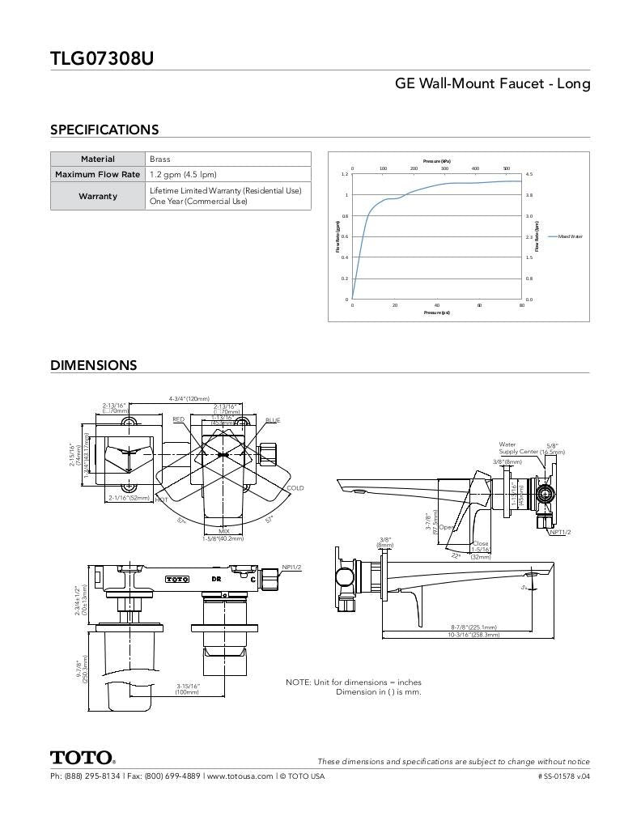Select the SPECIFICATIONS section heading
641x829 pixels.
[x=104, y=130]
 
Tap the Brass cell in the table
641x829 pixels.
[x=160, y=159]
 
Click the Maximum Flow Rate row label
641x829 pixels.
[x=98, y=174]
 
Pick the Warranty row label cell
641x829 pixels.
[x=98, y=196]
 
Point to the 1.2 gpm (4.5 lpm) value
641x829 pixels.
[x=183, y=174]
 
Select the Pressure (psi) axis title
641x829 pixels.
[x=436, y=312]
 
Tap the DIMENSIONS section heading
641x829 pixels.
[x=94, y=365]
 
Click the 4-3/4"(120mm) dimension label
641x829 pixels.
[x=189, y=399]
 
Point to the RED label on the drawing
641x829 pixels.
[x=178, y=419]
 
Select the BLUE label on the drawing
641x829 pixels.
[x=273, y=420]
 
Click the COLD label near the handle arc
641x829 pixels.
[x=295, y=488]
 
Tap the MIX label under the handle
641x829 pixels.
[x=223, y=531]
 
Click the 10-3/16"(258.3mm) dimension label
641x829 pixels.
[x=473, y=635]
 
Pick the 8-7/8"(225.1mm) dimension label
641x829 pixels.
[x=473, y=627]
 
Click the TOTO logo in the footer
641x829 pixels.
[x=83, y=759]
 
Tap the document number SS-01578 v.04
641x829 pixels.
[x=563, y=776]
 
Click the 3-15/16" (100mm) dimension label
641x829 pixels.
[x=188, y=689]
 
